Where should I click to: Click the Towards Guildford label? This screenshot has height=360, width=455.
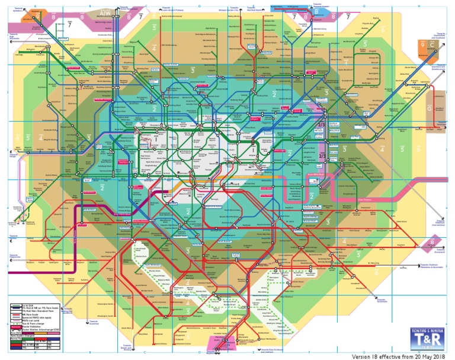pyautogui.click(x=94, y=322)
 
